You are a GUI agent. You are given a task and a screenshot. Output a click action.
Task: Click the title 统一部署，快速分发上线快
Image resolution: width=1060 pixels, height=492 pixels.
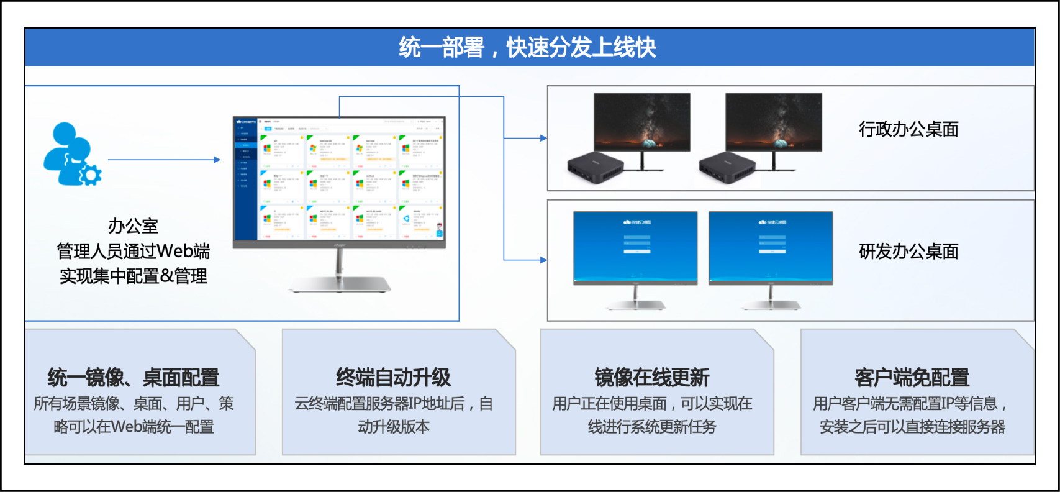[528, 47]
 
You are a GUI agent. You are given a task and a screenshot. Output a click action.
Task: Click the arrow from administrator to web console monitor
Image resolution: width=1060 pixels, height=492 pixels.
[164, 160]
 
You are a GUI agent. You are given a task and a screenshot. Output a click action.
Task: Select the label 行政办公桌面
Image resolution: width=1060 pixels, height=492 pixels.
[908, 129]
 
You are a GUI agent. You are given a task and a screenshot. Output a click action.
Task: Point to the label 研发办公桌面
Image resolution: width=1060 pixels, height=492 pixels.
[908, 252]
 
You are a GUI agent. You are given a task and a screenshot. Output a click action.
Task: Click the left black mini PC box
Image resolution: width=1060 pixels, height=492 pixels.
[595, 167]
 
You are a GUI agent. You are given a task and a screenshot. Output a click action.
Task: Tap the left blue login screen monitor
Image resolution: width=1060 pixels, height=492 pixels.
[635, 247]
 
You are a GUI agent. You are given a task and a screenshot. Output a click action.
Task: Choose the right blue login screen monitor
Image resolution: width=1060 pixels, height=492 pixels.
[770, 247]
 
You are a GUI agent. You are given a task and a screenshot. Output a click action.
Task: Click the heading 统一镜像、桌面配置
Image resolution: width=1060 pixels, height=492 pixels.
[134, 377]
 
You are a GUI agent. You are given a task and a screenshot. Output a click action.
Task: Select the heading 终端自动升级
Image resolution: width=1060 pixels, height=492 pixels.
[393, 377]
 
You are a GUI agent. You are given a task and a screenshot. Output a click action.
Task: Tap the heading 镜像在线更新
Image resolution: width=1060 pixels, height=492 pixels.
[651, 377]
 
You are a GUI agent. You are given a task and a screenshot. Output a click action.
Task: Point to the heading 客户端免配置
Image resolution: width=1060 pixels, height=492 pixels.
[912, 377]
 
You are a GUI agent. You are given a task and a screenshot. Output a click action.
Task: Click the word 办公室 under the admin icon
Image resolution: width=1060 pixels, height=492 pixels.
[133, 225]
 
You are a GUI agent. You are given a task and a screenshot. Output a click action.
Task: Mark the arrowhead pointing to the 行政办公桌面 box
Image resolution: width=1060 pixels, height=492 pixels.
[543, 138]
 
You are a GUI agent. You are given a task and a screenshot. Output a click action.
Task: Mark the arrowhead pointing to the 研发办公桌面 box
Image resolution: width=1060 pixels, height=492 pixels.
[543, 260]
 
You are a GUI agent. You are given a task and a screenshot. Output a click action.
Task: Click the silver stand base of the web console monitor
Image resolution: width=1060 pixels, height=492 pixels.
[339, 285]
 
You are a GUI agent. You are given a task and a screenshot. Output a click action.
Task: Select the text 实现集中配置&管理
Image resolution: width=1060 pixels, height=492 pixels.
[133, 276]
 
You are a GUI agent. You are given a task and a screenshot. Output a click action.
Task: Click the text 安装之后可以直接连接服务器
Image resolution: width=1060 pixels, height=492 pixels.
[912, 427]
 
